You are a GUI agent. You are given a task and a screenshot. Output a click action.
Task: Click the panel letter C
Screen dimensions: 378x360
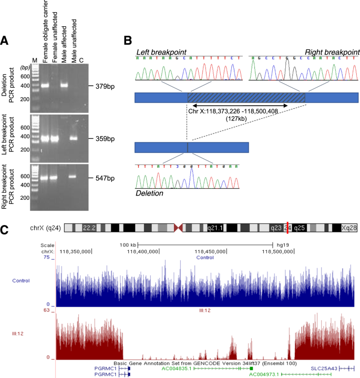tap(5, 230)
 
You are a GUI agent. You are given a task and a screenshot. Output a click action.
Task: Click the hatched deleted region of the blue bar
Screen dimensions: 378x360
tap(246, 97)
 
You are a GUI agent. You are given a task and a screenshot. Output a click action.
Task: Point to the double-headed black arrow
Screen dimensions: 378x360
tap(238, 106)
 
